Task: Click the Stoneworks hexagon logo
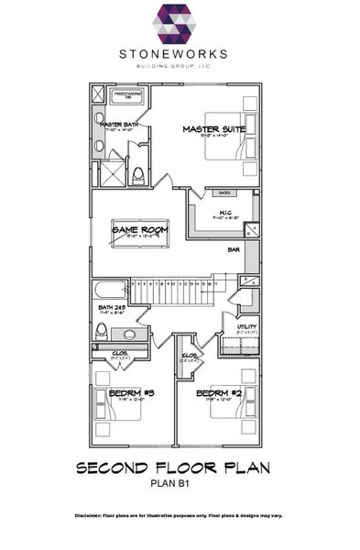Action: pyautogui.click(x=180, y=25)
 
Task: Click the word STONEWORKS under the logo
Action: pyautogui.click(x=180, y=55)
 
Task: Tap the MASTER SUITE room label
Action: pyautogui.click(x=213, y=129)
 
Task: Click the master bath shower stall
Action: pyautogui.click(x=111, y=173)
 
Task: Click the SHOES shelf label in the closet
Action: pyautogui.click(x=224, y=193)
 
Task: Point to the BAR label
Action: pyautogui.click(x=235, y=248)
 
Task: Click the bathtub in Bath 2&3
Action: pyautogui.click(x=109, y=291)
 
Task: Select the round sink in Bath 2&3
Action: pyautogui.click(x=129, y=334)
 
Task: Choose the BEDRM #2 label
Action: pyautogui.click(x=216, y=393)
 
